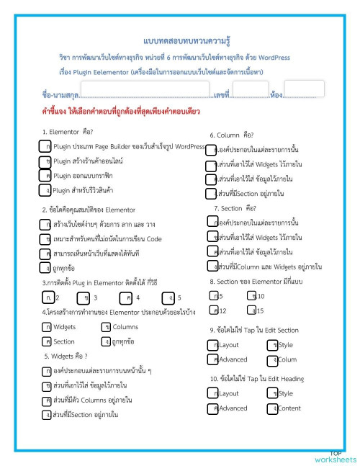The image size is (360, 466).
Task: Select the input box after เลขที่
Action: coord(250,90)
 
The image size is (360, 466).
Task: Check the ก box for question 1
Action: coord(47,147)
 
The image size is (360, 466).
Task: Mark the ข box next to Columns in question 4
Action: coord(106,327)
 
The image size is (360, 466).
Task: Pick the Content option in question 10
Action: coord(289,408)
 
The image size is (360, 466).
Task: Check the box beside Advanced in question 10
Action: coord(212,408)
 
